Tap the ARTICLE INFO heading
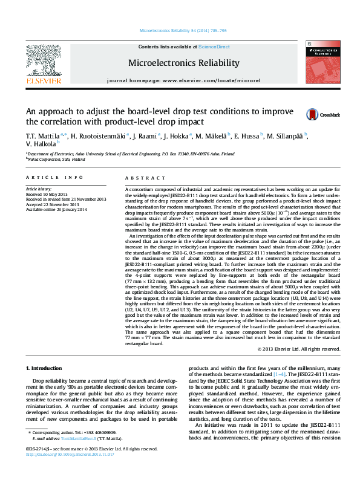click(54, 177)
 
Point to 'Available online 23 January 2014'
click(56, 210)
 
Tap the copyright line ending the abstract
click(298, 349)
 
